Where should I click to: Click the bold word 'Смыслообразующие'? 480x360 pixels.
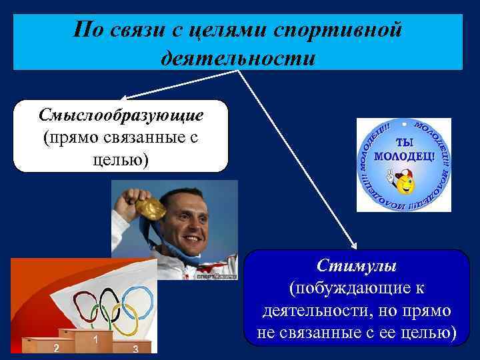(x=121, y=115)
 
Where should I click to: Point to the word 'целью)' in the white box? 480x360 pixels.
(x=121, y=160)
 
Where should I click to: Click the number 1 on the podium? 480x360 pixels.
(x=97, y=340)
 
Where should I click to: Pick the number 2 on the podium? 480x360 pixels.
(x=57, y=348)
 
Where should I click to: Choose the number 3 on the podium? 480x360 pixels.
(x=135, y=349)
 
